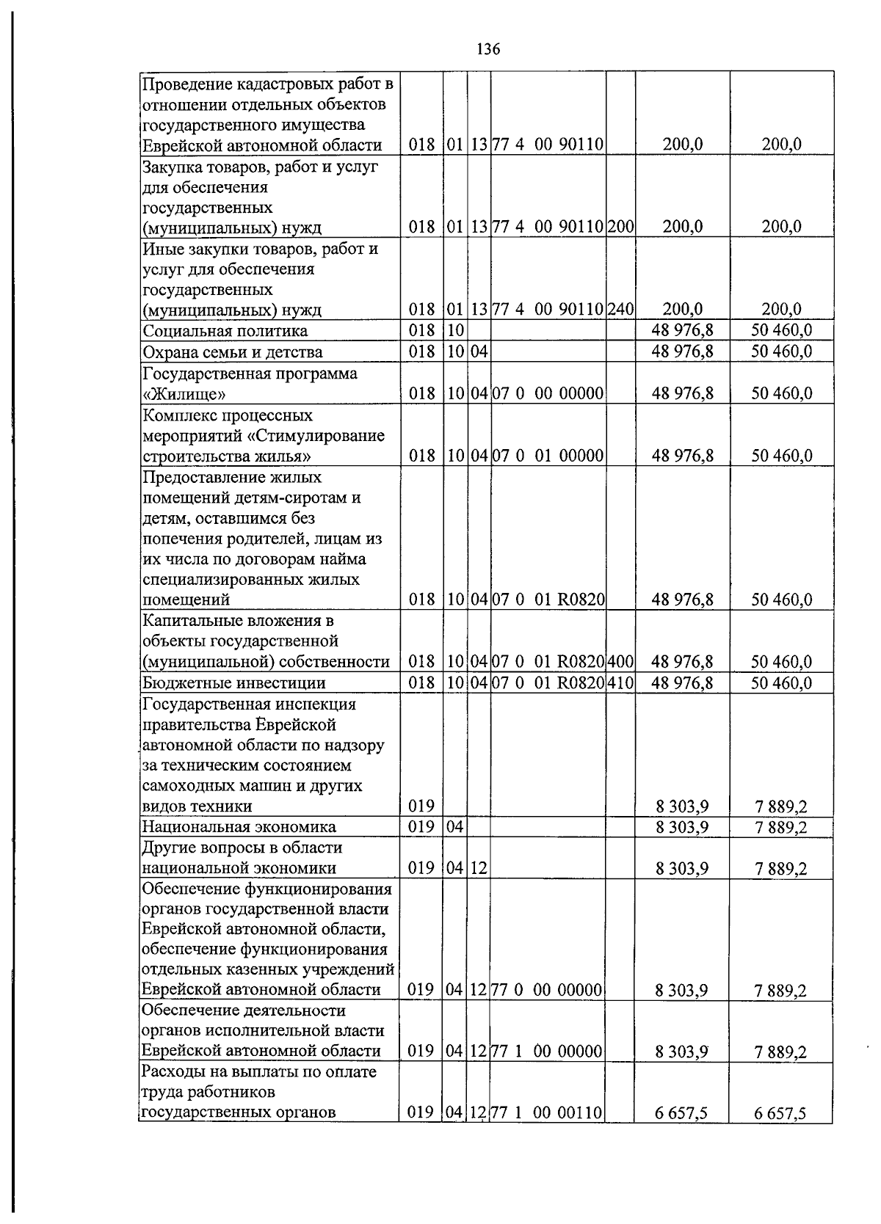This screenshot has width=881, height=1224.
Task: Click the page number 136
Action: (488, 49)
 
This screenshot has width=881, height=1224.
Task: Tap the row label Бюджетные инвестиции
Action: (233, 683)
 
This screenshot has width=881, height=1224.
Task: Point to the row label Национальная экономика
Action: (239, 827)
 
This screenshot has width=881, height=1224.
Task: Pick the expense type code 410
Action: (620, 683)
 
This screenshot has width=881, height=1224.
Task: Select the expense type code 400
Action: (620, 662)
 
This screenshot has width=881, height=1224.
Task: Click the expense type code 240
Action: (620, 309)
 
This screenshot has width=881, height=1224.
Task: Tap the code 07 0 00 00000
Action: (547, 394)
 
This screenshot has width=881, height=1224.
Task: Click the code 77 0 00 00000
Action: (547, 990)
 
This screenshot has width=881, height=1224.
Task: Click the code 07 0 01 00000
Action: (547, 456)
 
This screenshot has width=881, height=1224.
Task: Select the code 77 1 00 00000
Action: (547, 1052)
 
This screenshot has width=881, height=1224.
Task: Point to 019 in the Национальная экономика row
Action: (421, 827)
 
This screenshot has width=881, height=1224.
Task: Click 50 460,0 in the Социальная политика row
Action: (781, 331)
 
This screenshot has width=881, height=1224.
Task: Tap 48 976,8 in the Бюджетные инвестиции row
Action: (682, 683)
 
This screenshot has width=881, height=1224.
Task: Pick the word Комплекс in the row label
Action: (176, 415)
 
